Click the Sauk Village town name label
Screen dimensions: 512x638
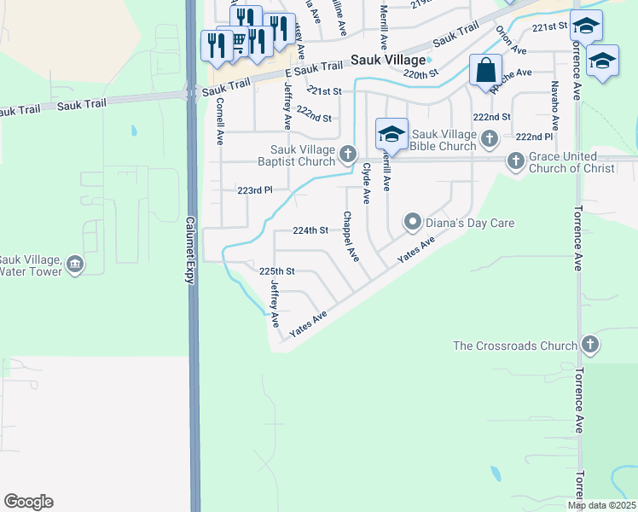387,61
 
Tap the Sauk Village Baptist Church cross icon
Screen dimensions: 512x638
347,154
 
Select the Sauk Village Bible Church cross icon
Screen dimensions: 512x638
490,138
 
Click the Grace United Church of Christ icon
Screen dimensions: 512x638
515,160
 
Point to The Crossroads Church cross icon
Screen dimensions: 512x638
589,345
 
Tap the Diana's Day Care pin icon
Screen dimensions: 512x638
413,223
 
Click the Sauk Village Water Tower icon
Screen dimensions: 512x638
75,265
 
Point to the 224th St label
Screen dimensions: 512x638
310,230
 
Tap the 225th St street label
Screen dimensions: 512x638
276,271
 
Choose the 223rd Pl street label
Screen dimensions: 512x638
256,190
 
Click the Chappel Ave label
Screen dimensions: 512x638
351,237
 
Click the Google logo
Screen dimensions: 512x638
28,502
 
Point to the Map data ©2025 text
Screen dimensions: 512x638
601,505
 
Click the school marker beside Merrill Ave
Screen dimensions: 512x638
391,133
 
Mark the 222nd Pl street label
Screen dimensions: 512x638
534,137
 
